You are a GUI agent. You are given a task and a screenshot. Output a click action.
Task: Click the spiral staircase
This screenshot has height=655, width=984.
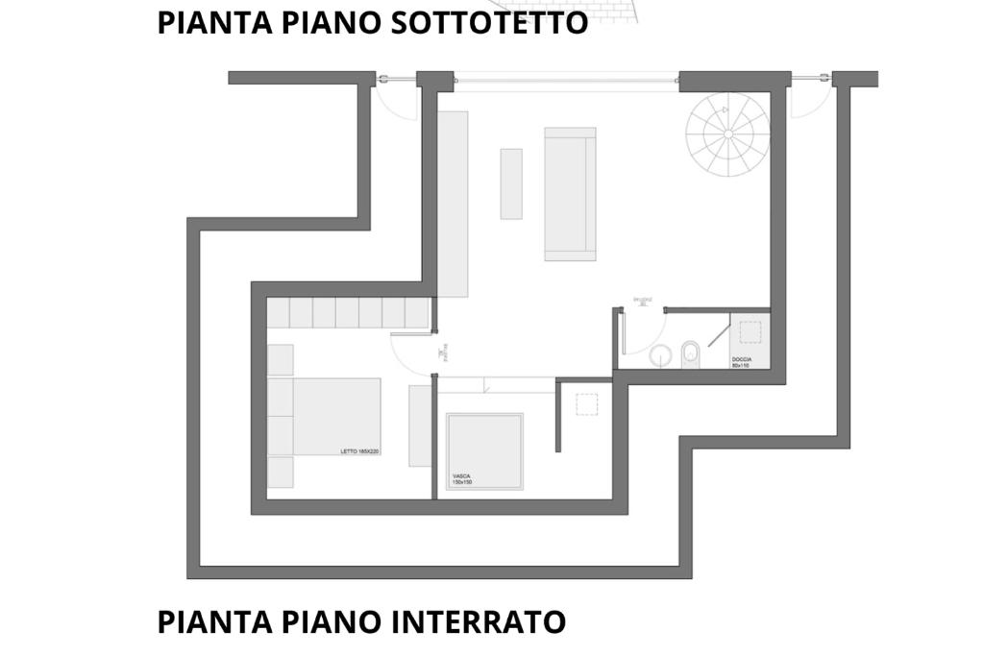coord(727,134)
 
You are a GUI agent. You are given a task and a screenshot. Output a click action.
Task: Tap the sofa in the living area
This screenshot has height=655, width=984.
coord(570,194)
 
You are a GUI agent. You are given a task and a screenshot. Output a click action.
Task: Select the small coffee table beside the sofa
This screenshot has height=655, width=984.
coord(511,183)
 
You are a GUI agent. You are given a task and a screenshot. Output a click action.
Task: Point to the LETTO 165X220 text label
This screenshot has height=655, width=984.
coord(360,451)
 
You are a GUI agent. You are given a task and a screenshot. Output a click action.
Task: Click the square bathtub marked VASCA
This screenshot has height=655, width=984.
coord(485,450)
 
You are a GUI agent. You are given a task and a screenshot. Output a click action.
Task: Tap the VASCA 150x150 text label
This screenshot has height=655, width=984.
coord(462,478)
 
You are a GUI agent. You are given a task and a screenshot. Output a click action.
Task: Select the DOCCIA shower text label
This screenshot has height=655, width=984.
coord(741,362)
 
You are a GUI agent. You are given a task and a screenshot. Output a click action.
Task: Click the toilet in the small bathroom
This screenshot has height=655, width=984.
coord(690,355)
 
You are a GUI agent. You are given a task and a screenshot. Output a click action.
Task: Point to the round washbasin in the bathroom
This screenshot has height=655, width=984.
coord(660,356)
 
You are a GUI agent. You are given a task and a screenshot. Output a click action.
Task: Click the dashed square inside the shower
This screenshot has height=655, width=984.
coord(750,332)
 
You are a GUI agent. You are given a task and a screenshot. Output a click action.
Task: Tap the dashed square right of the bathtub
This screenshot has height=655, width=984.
coord(587,404)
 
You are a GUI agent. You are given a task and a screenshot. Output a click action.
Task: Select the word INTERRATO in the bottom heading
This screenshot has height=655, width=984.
coord(479,621)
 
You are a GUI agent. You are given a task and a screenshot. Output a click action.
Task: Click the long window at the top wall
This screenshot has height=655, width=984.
coord(566,77)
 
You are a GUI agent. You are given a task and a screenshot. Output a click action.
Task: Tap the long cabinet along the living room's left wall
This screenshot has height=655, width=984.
coord(453,204)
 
